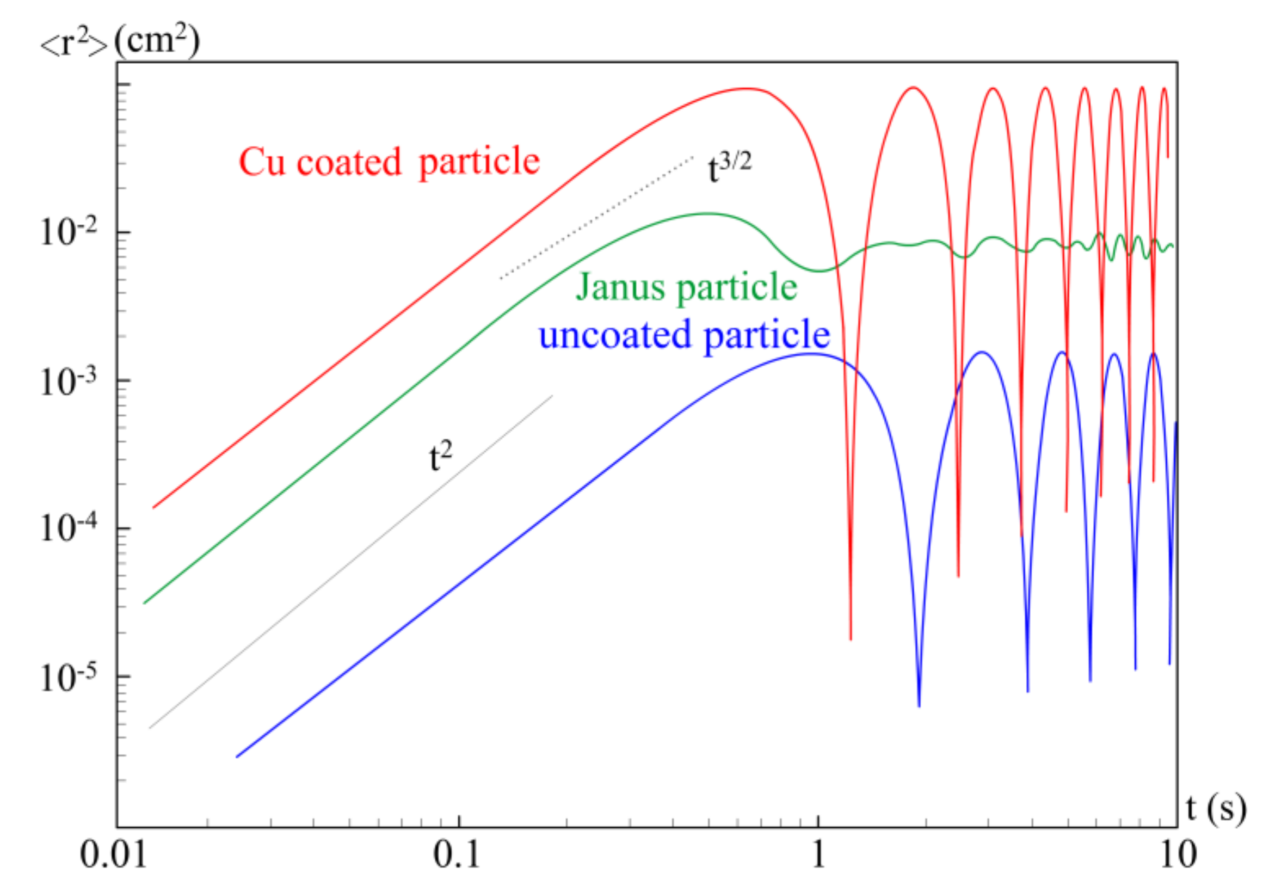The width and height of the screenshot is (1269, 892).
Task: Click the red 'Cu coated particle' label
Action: (389, 162)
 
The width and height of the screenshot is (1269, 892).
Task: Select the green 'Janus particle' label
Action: (686, 287)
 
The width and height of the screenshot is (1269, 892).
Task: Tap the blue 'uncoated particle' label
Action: (684, 335)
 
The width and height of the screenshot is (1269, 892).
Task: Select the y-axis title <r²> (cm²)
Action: (120, 41)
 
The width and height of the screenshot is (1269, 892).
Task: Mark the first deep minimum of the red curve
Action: (851, 638)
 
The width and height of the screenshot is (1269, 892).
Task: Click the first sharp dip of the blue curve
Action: (919, 704)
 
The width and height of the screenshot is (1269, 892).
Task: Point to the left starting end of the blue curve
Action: (238, 756)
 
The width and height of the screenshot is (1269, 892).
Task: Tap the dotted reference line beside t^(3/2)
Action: (597, 218)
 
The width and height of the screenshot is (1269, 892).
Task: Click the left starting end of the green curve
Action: (145, 602)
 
